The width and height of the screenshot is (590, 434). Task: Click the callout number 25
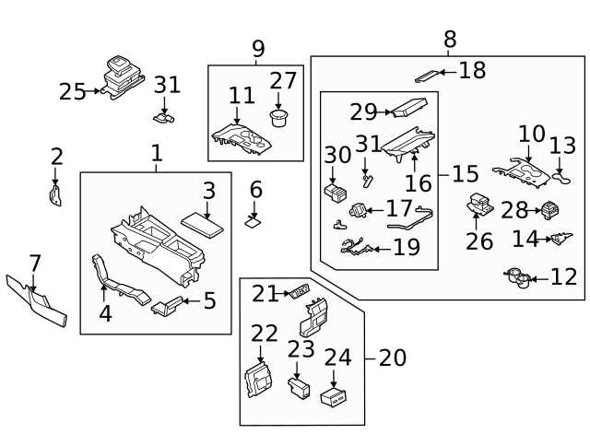point(72,91)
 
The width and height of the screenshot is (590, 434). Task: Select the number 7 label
point(34,264)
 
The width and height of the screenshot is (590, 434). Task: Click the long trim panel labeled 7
point(37,301)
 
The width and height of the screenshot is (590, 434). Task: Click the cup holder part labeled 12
point(517,276)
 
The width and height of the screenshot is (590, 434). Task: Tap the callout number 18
point(472,70)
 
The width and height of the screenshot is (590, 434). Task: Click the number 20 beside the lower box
point(392,358)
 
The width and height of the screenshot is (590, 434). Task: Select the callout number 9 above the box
point(257,48)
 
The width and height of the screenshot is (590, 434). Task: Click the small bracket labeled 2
point(54,194)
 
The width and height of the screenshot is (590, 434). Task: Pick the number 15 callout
point(466,173)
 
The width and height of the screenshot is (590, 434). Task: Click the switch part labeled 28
point(552,209)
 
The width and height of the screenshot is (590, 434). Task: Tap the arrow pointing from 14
point(546,240)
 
